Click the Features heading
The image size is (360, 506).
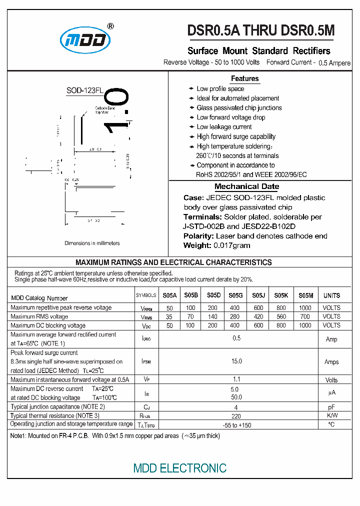coord(244,78)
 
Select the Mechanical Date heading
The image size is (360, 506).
coord(246,186)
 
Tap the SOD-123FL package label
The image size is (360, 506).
coord(84,90)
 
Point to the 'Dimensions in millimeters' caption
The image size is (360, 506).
coord(92,243)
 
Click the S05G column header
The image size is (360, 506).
coord(234,295)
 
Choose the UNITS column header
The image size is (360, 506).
coord(331,295)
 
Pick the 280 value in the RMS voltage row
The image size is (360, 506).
coord(234,316)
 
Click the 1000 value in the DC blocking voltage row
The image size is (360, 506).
coord(304,325)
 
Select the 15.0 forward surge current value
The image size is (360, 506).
coord(236,361)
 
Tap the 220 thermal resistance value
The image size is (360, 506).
coord(236,415)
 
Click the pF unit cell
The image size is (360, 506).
coord(331,407)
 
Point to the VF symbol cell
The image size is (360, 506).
coord(146,380)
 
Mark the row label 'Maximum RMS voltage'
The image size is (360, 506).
coord(39,316)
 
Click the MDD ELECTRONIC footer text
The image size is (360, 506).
coord(179,468)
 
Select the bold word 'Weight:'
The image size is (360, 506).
coord(197,245)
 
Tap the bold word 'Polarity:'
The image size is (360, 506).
coord(199,236)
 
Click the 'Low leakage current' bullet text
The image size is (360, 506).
coord(224,127)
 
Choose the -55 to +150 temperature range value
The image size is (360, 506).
coord(236,424)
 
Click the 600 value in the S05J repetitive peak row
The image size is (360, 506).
coord(258,308)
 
